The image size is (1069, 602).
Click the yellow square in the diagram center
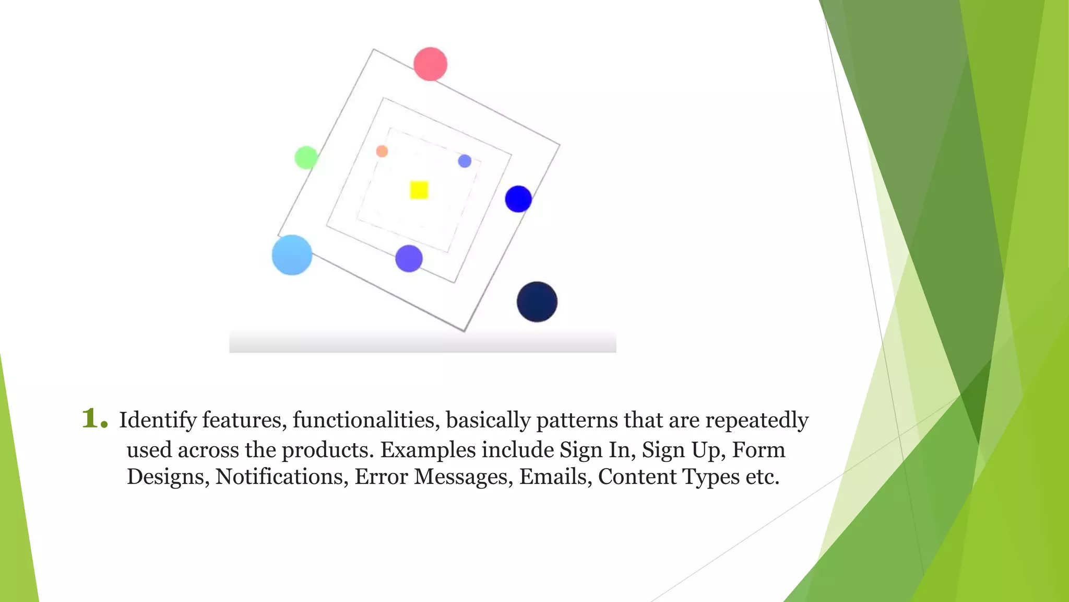pos(419,190)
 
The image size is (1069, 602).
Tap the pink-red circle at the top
pos(430,64)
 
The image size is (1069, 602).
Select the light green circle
pos(306,157)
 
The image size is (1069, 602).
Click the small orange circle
pos(382,152)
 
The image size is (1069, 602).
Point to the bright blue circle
pos(518,199)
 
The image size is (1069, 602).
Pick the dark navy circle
pos(537,302)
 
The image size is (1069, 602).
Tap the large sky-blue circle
pos(292,255)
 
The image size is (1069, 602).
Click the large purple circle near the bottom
pos(409,259)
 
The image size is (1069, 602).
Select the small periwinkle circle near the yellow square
pos(465,161)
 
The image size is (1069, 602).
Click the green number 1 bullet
pos(94,419)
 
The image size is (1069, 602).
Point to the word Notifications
pos(282,477)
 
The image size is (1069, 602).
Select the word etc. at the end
pos(763,477)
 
